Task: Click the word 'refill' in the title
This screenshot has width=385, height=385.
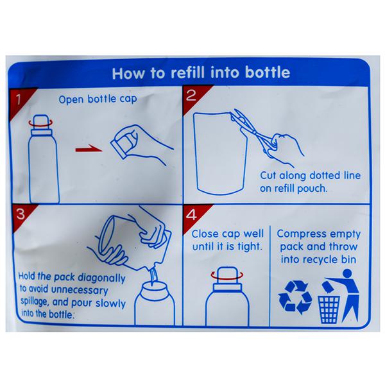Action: click(187, 73)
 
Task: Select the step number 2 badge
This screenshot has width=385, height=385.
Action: click(193, 96)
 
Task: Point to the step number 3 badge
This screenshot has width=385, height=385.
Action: click(21, 214)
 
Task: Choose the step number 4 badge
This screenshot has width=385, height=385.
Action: click(193, 216)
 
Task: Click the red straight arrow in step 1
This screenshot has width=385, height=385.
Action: click(89, 149)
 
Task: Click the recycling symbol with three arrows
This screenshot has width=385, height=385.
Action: click(295, 297)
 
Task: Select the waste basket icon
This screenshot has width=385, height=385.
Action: click(329, 309)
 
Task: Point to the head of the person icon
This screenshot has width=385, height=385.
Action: click(347, 274)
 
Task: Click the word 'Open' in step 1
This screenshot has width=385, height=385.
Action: click(71, 100)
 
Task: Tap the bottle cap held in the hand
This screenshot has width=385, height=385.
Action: click(122, 143)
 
